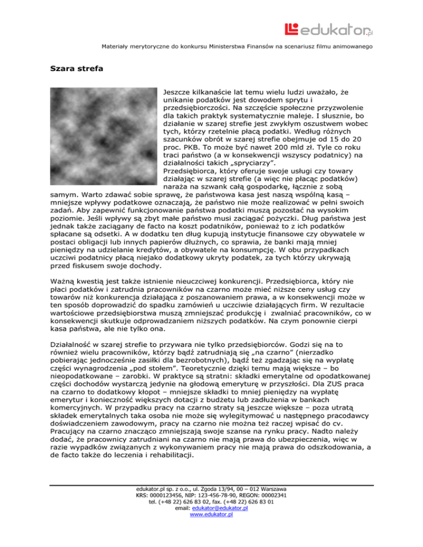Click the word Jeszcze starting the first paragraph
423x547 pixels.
[179, 89]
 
